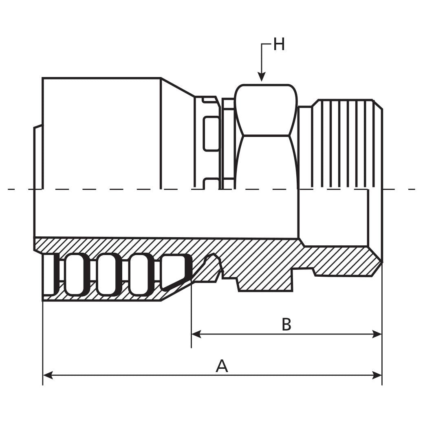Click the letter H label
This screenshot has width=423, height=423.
pyautogui.click(x=279, y=44)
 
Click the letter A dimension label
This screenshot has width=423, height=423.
pyautogui.click(x=222, y=366)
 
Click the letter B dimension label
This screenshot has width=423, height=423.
pyautogui.click(x=286, y=325)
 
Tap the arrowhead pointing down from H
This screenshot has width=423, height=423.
pyautogui.click(x=262, y=76)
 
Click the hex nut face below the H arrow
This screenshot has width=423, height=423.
pyautogui.click(x=267, y=110)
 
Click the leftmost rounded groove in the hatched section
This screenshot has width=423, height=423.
pyautogui.click(x=77, y=274)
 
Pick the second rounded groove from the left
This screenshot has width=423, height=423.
pyautogui.click(x=109, y=274)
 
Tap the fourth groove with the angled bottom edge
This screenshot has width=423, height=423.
pyautogui.click(x=175, y=271)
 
